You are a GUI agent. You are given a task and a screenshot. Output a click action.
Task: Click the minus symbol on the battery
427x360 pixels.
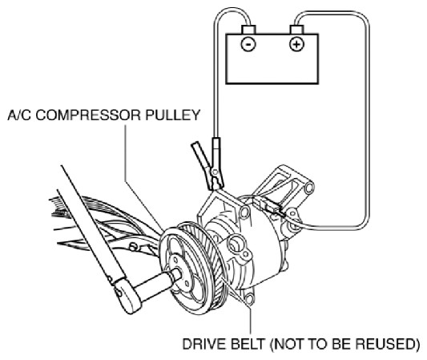click(x=248, y=44)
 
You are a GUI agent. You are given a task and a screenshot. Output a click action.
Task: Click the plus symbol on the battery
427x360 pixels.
click(x=296, y=44)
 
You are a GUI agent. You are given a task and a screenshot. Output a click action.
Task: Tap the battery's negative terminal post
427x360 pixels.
click(x=248, y=30)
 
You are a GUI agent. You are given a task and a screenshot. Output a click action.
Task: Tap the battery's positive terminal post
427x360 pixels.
click(x=296, y=30)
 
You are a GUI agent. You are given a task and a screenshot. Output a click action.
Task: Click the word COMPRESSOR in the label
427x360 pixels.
click(x=89, y=115)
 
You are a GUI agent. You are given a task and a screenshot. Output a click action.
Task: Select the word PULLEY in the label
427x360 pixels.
click(x=173, y=115)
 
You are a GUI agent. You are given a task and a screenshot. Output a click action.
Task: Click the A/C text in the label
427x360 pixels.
click(x=19, y=115)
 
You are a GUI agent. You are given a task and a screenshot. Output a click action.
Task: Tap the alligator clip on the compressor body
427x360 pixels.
click(x=207, y=166)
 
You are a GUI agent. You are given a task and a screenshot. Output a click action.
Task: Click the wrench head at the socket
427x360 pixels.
click(x=127, y=296)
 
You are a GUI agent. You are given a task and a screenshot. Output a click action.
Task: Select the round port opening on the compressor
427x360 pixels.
click(x=235, y=244)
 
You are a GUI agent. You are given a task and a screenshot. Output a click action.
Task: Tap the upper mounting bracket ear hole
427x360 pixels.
click(x=309, y=188)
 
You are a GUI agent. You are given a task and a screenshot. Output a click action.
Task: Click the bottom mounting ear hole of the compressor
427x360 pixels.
click(x=249, y=299)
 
